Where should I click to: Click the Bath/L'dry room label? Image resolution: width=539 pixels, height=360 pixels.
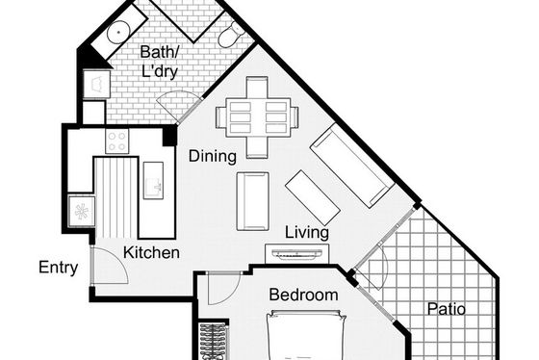click(160, 62)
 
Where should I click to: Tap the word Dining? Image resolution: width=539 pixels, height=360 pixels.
click(213, 156)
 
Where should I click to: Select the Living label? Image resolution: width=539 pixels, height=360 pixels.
click(307, 232)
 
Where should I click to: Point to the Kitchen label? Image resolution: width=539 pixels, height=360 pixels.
click(151, 253)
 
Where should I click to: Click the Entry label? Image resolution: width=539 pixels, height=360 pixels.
click(58, 268)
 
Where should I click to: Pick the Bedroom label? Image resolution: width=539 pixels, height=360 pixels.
click(303, 295)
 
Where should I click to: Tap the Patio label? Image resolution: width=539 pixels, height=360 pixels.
click(447, 309)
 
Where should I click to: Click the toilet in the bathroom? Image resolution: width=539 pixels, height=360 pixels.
click(231, 34)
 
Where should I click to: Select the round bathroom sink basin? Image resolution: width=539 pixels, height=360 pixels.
click(118, 32)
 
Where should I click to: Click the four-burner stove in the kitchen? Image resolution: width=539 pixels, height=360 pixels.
click(117, 141)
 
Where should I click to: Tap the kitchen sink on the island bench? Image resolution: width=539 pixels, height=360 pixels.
click(153, 181)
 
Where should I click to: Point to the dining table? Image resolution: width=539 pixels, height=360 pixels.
click(258, 117)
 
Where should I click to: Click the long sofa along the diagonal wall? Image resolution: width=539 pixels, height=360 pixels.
click(352, 166)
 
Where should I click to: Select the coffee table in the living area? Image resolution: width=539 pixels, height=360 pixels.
click(313, 197)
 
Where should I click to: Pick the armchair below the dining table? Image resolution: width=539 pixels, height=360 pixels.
click(252, 201)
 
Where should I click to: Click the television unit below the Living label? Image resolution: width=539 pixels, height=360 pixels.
click(297, 254)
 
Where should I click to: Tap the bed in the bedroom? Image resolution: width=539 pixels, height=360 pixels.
click(307, 335)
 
